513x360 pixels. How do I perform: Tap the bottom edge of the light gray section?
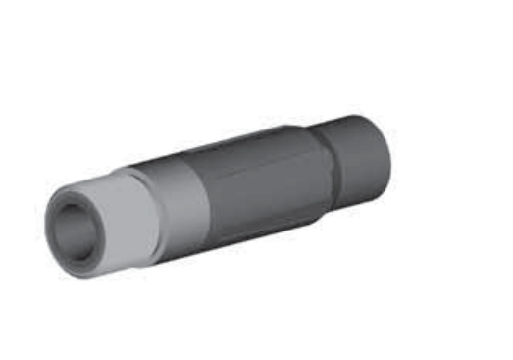[118, 270]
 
